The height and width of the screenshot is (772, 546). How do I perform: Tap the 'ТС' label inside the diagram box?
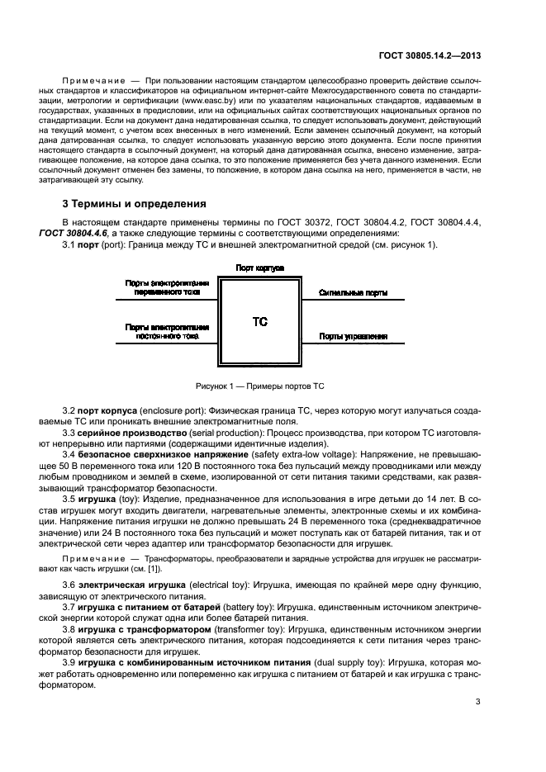click(x=259, y=321)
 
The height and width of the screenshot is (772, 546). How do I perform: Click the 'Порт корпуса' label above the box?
click(x=259, y=268)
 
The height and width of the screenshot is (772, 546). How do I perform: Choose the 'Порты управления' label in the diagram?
click(x=354, y=336)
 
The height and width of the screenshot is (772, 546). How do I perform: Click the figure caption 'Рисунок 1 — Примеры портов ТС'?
click(x=259, y=386)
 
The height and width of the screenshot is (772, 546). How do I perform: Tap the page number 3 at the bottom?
click(x=478, y=702)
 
